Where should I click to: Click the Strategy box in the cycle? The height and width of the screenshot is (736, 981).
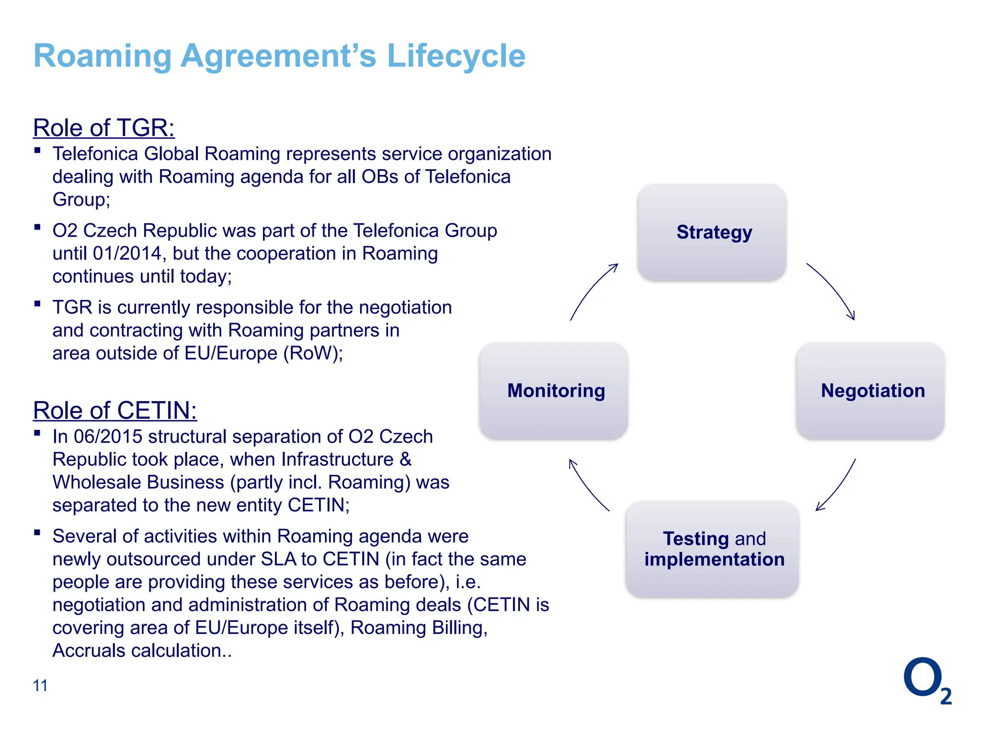[x=712, y=233]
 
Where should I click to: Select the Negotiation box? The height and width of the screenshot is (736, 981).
[x=870, y=391]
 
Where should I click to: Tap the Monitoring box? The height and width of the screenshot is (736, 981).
[x=554, y=391]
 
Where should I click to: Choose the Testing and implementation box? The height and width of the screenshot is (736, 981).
[x=712, y=549]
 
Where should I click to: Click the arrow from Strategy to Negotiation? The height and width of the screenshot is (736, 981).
[x=833, y=288]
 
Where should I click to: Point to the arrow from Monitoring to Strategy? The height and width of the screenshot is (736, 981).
[x=592, y=289]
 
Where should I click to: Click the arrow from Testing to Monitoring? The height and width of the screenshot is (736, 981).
[x=587, y=486]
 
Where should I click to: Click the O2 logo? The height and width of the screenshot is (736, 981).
[x=926, y=680]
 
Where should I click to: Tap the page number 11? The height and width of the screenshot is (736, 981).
[x=40, y=686]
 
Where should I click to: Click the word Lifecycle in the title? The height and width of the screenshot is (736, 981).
[x=456, y=56]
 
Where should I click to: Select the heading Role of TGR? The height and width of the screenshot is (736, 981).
[x=104, y=128]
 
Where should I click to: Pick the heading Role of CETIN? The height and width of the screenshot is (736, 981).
[x=115, y=411]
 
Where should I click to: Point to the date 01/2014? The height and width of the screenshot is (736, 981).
[x=128, y=253]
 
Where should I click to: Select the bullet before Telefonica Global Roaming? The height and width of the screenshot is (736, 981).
[x=37, y=150]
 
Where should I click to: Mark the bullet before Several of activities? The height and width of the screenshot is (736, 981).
[x=37, y=532]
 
